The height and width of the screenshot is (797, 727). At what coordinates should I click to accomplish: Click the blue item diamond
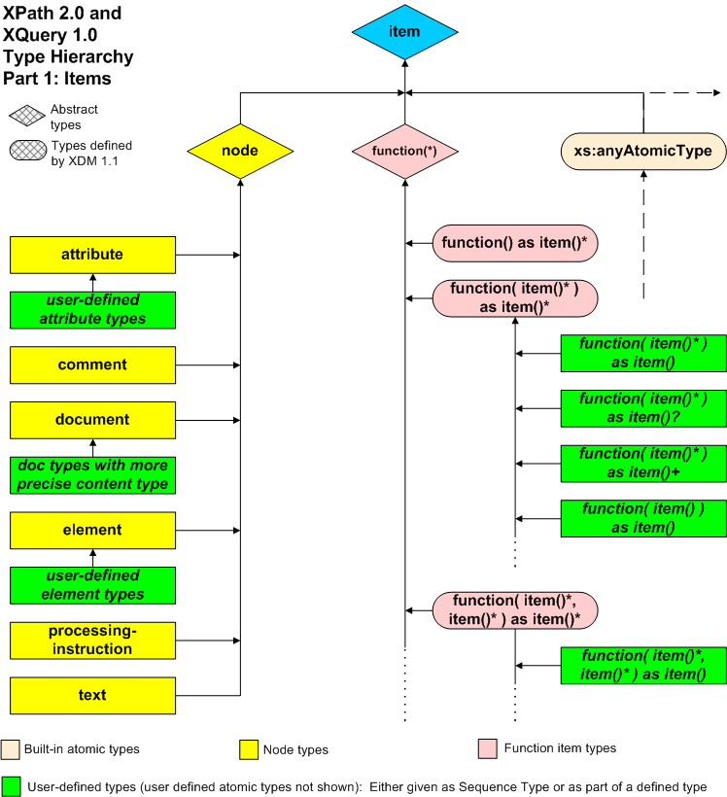click(404, 32)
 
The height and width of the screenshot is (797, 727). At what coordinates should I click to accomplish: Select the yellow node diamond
click(240, 152)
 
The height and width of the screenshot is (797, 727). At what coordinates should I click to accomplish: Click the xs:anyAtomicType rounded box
click(643, 152)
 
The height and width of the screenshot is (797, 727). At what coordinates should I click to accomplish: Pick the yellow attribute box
click(93, 255)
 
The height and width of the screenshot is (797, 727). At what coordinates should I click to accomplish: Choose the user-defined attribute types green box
click(93, 309)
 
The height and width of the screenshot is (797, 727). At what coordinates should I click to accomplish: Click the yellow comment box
click(93, 364)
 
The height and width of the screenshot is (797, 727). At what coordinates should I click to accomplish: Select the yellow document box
click(93, 420)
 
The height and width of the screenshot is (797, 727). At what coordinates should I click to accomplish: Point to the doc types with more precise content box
click(93, 474)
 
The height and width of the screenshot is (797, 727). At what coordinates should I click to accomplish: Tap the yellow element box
click(93, 530)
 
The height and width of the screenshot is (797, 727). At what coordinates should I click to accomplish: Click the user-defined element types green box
click(93, 585)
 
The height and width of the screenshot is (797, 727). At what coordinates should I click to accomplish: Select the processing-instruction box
click(93, 641)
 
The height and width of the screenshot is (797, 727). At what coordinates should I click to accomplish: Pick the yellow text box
click(93, 695)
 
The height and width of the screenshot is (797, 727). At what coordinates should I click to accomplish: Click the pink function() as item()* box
click(514, 242)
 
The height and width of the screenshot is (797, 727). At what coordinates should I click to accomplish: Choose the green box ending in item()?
click(642, 408)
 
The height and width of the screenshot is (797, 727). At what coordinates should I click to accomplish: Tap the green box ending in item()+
click(642, 463)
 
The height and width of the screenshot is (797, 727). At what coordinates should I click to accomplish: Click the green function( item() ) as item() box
click(642, 518)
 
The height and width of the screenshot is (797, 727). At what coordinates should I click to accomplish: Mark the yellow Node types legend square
click(249, 749)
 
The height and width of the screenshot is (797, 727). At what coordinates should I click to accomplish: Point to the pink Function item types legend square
click(487, 748)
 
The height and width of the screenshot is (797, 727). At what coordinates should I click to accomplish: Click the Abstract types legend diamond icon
click(26, 117)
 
